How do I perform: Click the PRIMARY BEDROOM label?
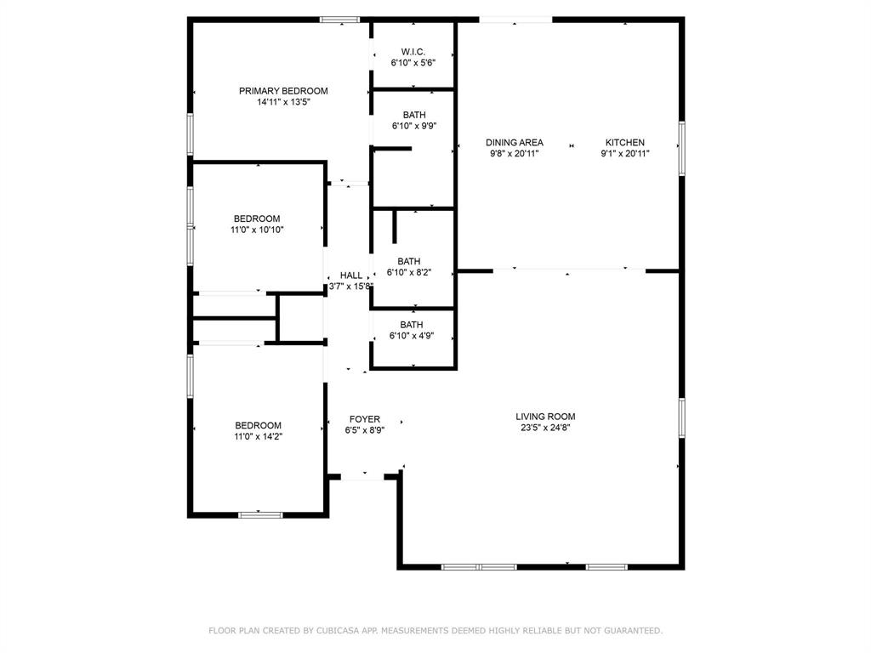coord(283,91)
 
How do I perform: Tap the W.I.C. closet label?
coord(413,51)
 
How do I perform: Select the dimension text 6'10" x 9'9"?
coord(414,126)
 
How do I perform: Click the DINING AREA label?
coord(515,143)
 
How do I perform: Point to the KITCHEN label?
coord(625,143)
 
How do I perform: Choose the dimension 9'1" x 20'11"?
coord(625,154)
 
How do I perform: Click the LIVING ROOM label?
coord(545,417)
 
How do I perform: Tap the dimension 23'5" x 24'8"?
coord(545,428)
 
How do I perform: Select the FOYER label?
coord(365,419)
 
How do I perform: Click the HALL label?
coord(351,275)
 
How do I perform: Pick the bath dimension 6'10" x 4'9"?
coord(412,336)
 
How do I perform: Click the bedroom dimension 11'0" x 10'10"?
coord(258,230)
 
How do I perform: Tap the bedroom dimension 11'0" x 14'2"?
coord(258,436)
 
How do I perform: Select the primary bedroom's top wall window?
coord(339,20)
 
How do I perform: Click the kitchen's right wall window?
coord(681,149)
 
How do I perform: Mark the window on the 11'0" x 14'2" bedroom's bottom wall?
coord(260,514)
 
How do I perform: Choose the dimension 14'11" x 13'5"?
coord(283,102)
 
